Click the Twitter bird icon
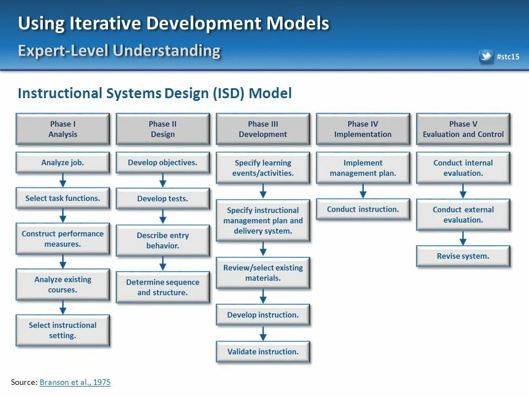coord(486,56)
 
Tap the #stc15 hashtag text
coord(508,57)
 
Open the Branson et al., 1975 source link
coord(75,382)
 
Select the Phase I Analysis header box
coord(63,129)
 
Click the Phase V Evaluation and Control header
coord(463,129)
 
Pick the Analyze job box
coord(63,163)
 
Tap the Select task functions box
coord(63,198)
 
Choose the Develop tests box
coord(163,198)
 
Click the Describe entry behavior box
coord(163,241)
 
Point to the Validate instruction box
coord(263,352)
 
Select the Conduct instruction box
coord(363,210)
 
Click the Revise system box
coord(463,256)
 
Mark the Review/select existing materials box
coord(263,273)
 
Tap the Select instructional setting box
coord(63,330)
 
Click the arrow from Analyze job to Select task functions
coord(63,180)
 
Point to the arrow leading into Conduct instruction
coord(363,191)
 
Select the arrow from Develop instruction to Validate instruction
coord(263,333)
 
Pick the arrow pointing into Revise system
coord(463,238)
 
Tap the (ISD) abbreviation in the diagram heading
coord(228,93)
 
